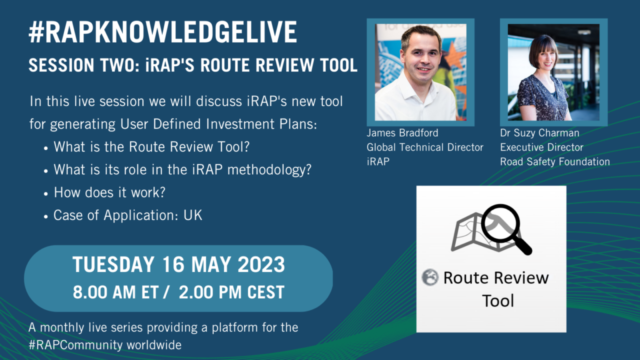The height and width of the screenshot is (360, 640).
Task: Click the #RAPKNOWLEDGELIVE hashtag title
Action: (x=163, y=33)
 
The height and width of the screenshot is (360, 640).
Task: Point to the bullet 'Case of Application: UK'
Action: (x=128, y=215)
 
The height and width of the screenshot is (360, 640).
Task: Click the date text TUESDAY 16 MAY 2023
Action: (x=178, y=265)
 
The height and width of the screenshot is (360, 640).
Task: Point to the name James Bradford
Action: (x=402, y=133)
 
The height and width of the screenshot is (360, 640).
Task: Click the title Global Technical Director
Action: (x=425, y=147)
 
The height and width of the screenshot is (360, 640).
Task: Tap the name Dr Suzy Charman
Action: (x=539, y=133)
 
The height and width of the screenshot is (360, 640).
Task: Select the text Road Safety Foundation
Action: (x=555, y=161)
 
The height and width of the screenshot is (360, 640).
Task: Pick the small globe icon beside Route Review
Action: (x=429, y=277)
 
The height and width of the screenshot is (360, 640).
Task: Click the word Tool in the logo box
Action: (x=497, y=300)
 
